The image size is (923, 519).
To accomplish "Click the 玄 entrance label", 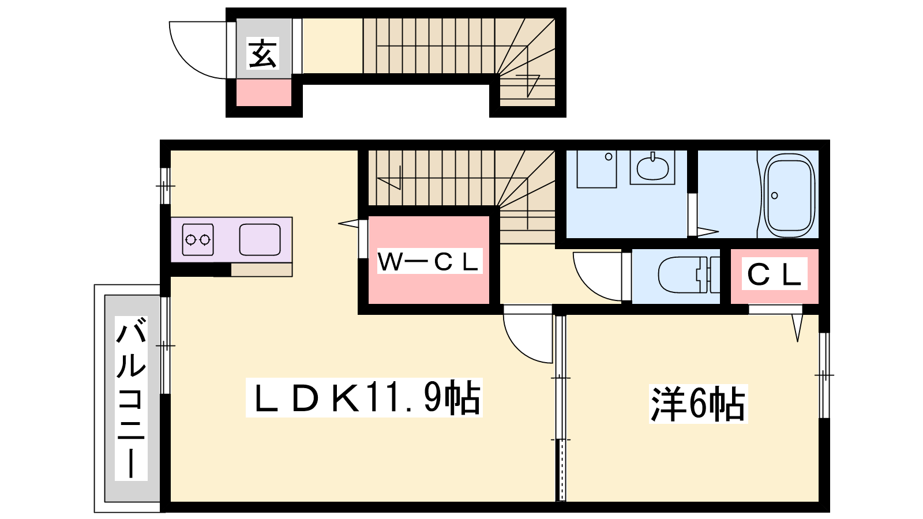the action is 263,54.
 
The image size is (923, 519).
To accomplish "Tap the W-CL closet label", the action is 429,261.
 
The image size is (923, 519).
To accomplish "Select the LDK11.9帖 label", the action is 364,397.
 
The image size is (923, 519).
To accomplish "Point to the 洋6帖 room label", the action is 699,404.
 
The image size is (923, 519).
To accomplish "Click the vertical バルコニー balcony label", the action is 131,398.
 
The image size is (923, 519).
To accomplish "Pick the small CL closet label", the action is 774,273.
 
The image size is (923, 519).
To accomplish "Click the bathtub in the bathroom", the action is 790,195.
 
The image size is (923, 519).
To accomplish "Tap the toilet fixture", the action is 689,274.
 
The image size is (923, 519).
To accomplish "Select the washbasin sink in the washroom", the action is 652,167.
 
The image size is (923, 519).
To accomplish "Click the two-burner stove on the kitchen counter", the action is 198,239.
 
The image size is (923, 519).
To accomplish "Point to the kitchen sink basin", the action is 260,239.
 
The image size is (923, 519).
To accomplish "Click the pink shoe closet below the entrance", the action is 264,93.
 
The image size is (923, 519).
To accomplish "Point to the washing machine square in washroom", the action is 596,170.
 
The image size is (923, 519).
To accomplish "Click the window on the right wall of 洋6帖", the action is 824,375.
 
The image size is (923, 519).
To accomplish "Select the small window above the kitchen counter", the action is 165,186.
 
